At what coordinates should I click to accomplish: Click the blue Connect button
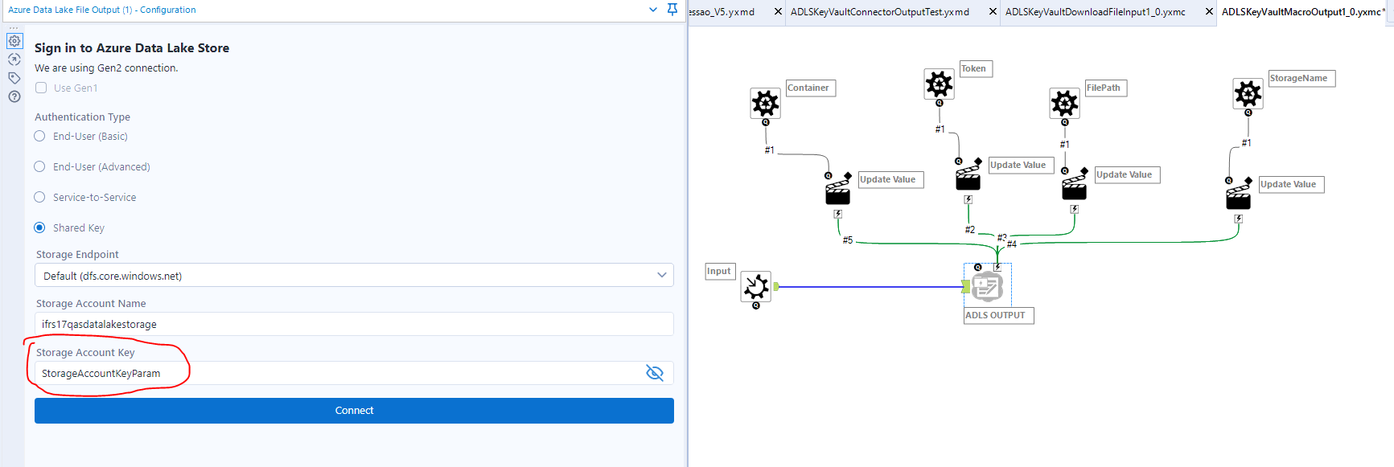[x=354, y=411]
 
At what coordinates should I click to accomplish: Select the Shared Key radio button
[x=39, y=227]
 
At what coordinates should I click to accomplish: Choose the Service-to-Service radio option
[x=39, y=197]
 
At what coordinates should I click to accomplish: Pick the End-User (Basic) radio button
[x=39, y=137]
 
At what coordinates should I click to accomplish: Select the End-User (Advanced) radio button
[x=39, y=166]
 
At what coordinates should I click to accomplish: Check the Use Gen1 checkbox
[x=41, y=88]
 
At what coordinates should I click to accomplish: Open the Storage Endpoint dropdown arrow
[x=661, y=275]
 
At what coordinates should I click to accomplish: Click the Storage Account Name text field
[x=354, y=324]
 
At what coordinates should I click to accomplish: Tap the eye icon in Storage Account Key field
[x=655, y=373]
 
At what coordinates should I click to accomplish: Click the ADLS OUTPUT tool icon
[x=987, y=286]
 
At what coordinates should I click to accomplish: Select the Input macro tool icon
[x=756, y=286]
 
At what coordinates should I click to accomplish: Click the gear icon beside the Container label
[x=765, y=103]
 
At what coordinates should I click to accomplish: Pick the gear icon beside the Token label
[x=939, y=84]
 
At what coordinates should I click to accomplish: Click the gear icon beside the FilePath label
[x=1064, y=103]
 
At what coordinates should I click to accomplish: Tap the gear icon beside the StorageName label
[x=1248, y=93]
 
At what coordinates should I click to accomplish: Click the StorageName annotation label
[x=1301, y=78]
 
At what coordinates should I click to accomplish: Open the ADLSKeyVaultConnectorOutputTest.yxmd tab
[x=879, y=12]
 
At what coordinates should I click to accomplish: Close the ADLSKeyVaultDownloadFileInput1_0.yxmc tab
[x=1209, y=11]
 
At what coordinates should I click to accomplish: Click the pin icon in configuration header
[x=672, y=10]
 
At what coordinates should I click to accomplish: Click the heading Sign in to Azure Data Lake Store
[x=132, y=48]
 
